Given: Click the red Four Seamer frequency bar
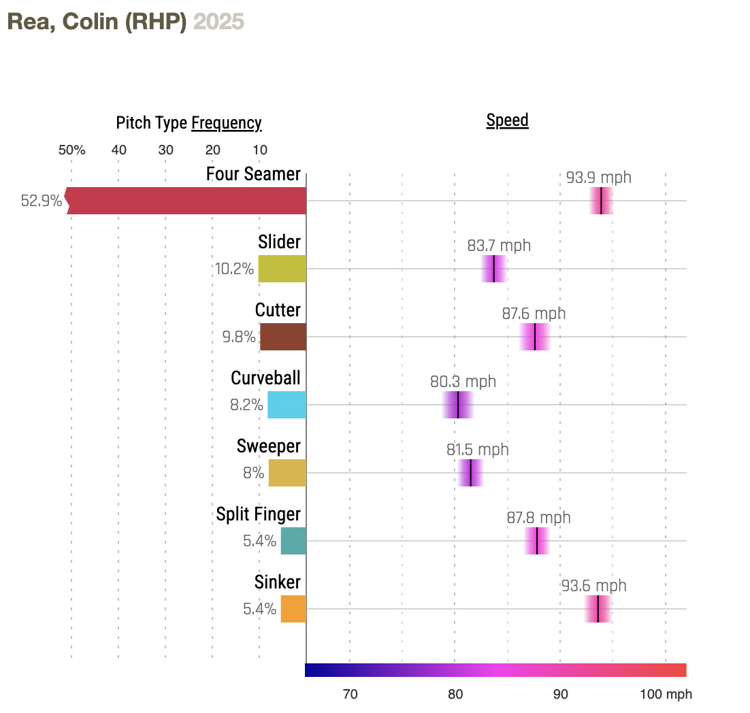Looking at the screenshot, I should point(187,201).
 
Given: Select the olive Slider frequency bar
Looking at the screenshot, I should point(282,269).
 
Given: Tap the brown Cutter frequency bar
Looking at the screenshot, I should point(283,337).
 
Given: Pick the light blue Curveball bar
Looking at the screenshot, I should point(287,405).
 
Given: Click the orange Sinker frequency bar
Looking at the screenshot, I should point(293,609).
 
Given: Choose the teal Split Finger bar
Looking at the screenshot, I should point(293,541).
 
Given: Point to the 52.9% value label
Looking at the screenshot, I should point(42,201).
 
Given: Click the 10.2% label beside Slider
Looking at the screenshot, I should point(235,269).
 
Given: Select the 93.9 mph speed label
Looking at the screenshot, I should point(599,178).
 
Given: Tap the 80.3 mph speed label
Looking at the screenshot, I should point(463,382).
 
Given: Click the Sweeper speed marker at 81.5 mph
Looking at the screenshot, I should point(471,473).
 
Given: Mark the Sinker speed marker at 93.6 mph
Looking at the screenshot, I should point(598,609).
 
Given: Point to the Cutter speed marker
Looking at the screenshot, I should point(535,337).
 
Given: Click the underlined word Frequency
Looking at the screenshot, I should point(227,123).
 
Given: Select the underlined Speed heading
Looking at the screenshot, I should point(508,120).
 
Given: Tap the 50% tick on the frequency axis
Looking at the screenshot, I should point(72,150).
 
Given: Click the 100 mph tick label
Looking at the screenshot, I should point(666,695).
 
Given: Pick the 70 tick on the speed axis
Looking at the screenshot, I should point(350,695).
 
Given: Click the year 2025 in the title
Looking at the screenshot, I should point(218,22).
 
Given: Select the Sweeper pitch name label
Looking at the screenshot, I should point(269,446).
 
